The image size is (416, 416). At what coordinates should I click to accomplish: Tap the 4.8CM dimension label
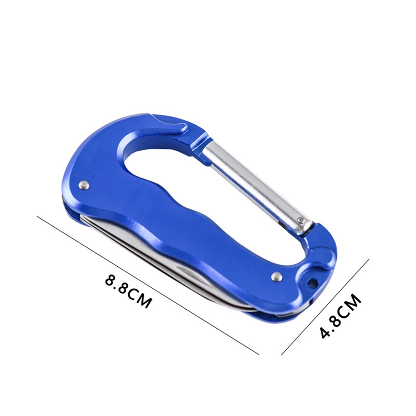pos(340,316)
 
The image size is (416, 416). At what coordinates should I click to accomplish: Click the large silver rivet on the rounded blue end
pos(84,185)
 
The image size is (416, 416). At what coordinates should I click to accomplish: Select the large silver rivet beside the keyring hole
pos(277,277)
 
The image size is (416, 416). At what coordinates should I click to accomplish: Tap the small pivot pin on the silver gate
pos(301,220)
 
